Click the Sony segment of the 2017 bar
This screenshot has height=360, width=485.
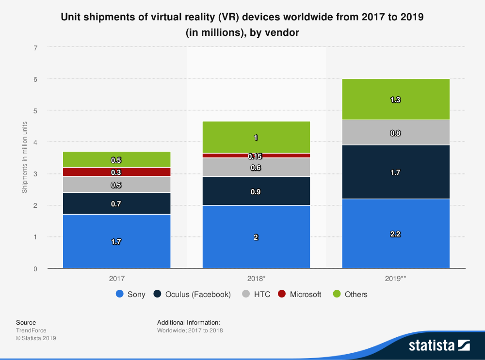[x=116, y=241]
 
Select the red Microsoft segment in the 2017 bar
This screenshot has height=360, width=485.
[x=116, y=172]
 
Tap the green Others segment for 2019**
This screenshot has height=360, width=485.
[x=396, y=99]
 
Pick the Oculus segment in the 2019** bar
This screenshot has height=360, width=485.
[x=396, y=172]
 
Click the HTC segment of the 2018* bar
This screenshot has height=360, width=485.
[x=256, y=167]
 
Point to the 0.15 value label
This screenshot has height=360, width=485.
[x=256, y=157]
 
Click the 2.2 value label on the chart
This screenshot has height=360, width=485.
[x=396, y=234]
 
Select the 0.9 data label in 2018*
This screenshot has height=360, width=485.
[x=256, y=191]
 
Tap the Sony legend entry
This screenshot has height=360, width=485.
[x=130, y=294]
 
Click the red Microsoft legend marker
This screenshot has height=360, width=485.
[x=281, y=294]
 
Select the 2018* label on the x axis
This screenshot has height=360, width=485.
[x=256, y=279]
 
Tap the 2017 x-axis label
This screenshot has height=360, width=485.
[x=116, y=279]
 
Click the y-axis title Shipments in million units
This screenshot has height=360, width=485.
[x=24, y=158]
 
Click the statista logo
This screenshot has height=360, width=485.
[x=439, y=345]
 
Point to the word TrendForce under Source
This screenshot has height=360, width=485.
[x=32, y=330]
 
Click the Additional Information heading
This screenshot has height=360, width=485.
[x=189, y=322]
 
